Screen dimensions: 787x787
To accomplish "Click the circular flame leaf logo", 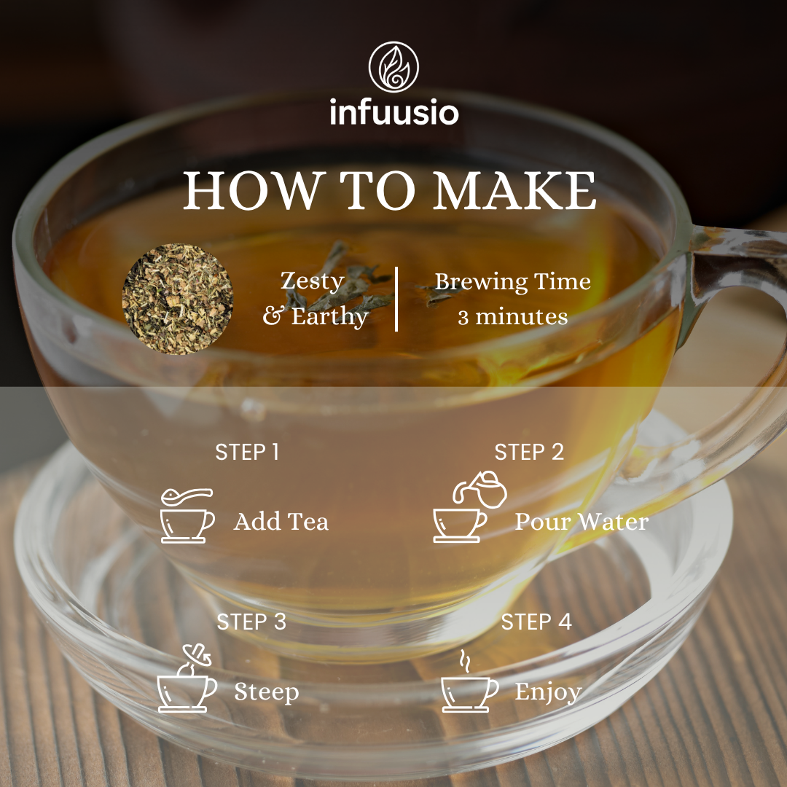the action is (x=393, y=67).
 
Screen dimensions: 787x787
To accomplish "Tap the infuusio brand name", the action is (x=394, y=112).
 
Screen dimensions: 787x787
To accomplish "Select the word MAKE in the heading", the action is (x=514, y=191).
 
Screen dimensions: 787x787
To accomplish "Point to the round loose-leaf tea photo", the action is (x=178, y=299).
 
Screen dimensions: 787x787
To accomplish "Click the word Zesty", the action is (x=312, y=281).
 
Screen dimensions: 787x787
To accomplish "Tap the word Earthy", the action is (x=330, y=317).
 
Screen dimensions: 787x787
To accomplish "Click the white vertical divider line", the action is (x=396, y=299).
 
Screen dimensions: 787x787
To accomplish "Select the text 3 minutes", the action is (x=512, y=317).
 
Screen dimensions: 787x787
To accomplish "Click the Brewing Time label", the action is (x=512, y=282).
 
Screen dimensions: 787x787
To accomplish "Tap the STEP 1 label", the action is (x=247, y=453).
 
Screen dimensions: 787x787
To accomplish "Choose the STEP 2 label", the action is (x=529, y=453).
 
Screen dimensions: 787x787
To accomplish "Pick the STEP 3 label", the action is (x=251, y=622).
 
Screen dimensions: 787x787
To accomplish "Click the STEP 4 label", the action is (x=536, y=622).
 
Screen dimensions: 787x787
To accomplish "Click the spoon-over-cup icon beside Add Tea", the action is (x=187, y=515).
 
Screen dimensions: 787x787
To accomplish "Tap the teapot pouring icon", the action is (x=470, y=506).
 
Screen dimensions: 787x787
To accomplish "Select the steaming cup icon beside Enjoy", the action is (x=469, y=681).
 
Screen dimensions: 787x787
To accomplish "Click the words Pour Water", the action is (x=582, y=522).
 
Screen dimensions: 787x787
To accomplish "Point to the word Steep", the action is (x=267, y=693).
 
